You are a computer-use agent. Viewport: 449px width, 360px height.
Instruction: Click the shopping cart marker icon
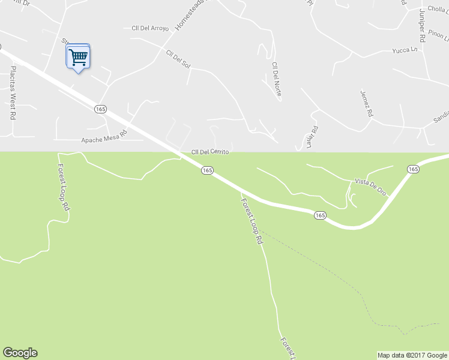pyautogui.click(x=78, y=58)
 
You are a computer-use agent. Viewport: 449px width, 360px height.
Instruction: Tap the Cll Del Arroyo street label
pyautogui.click(x=150, y=28)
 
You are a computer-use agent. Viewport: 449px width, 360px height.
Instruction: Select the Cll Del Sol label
pyautogui.click(x=178, y=59)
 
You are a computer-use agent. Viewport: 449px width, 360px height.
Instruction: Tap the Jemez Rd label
pyautogui.click(x=366, y=103)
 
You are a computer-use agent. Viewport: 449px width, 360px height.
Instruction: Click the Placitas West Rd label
pyautogui.click(x=12, y=92)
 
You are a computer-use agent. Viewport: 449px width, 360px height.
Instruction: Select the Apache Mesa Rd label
pyautogui.click(x=104, y=136)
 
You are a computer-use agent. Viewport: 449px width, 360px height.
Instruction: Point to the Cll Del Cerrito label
pyautogui.click(x=210, y=152)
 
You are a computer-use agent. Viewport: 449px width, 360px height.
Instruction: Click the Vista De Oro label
pyautogui.click(x=370, y=187)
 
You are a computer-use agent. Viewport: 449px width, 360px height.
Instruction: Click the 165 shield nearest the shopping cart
pyautogui.click(x=100, y=108)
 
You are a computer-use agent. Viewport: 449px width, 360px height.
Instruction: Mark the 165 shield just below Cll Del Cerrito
pyautogui.click(x=207, y=170)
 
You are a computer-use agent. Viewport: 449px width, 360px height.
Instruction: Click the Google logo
pyautogui.click(x=20, y=353)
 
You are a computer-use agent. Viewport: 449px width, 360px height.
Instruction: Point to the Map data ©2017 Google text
pyautogui.click(x=412, y=355)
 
